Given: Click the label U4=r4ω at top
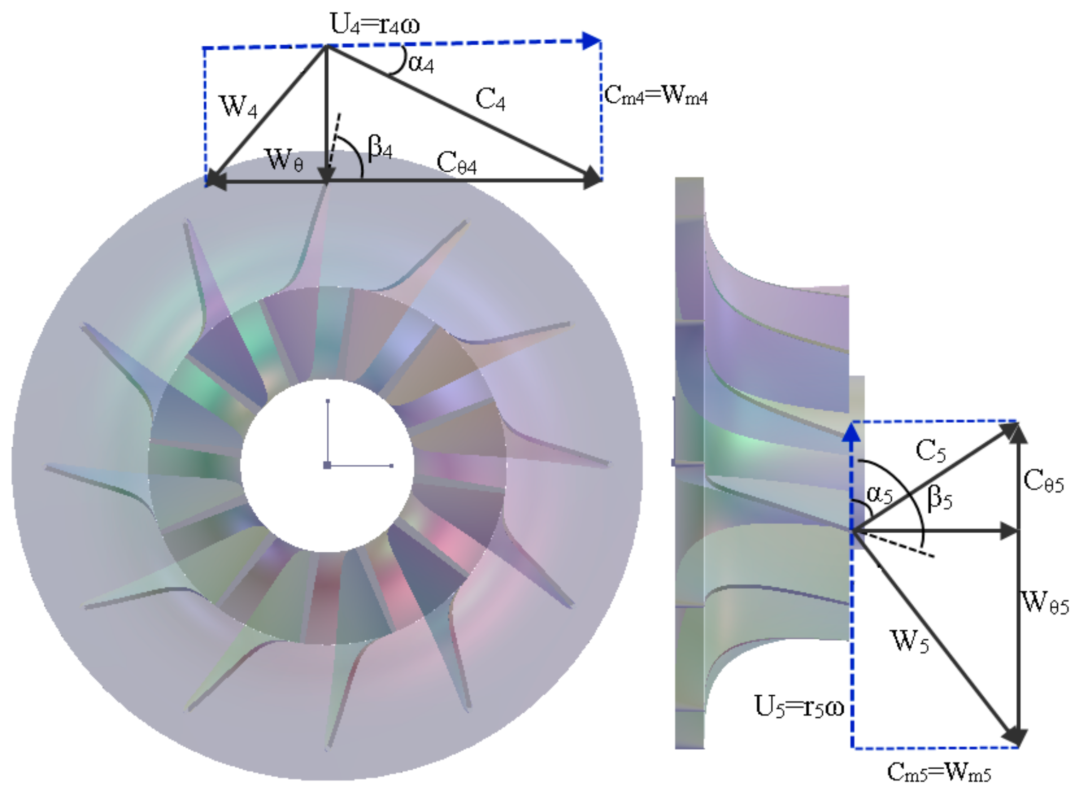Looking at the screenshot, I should (375, 25).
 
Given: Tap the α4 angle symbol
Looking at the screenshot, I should (420, 64).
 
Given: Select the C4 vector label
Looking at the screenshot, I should (490, 99).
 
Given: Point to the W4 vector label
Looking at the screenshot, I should (238, 106).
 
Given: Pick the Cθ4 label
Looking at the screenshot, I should (456, 163).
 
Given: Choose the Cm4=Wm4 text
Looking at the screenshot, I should (655, 96).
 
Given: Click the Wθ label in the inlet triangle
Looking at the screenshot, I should (283, 160).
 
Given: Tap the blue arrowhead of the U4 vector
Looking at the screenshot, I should (592, 41).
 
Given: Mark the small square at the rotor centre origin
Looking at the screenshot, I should (327, 465).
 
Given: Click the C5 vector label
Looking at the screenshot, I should (930, 451).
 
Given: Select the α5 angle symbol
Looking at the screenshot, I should (879, 494).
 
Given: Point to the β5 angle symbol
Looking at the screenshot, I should (939, 498).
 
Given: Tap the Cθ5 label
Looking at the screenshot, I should (1043, 482).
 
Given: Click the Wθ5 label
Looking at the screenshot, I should (1044, 602).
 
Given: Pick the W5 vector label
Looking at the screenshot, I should (910, 641).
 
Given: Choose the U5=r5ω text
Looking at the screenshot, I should (799, 707).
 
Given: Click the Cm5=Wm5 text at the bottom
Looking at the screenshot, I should (938, 772).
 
